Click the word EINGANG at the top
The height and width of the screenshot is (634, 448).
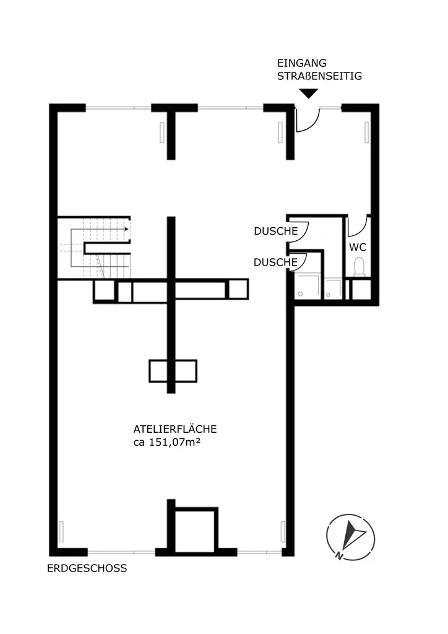[302, 64]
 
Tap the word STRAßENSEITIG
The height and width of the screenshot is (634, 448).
[319, 77]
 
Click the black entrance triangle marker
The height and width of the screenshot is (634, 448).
[308, 93]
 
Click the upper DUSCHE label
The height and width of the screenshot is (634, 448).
[275, 231]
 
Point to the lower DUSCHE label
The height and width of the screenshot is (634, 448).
[275, 263]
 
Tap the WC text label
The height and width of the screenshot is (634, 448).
[358, 246]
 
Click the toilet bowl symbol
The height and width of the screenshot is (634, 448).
[358, 267]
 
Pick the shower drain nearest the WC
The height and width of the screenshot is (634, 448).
[334, 288]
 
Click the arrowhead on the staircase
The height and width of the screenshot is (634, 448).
[126, 229]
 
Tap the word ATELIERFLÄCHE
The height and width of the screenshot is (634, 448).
[174, 429]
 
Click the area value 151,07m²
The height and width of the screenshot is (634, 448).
[175, 442]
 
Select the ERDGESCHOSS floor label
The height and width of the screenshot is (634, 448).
[87, 568]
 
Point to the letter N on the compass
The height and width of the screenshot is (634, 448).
[340, 555]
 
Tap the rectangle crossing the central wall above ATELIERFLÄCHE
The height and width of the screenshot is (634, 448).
[173, 371]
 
